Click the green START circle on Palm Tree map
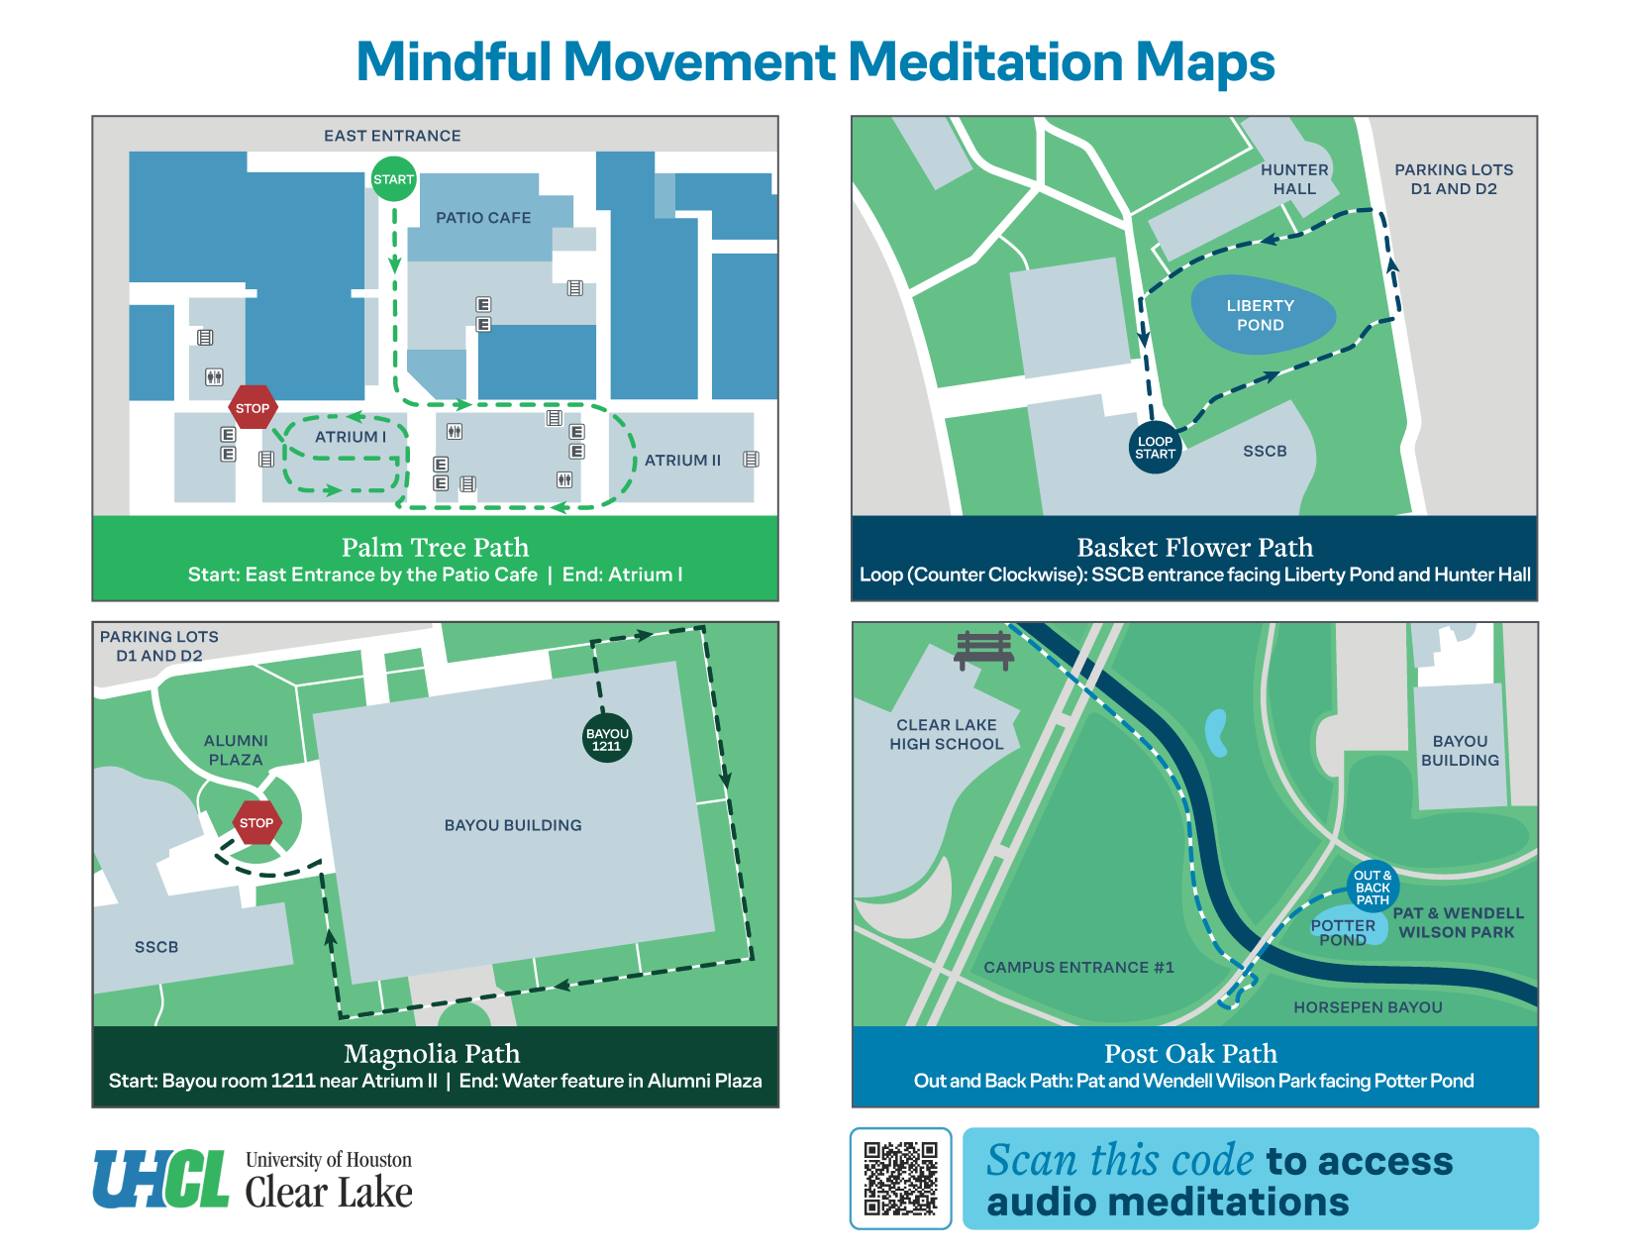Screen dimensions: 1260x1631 click(x=393, y=179)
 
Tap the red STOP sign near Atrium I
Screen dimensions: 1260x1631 click(x=253, y=407)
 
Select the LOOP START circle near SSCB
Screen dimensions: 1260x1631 click(x=1155, y=448)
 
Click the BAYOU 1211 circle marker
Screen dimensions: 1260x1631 click(x=606, y=739)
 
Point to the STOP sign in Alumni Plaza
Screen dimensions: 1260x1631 click(x=256, y=822)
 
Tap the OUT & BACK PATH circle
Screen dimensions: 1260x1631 click(x=1373, y=887)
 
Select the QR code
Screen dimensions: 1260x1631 click(x=900, y=1178)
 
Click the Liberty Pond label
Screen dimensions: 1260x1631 click(x=1260, y=315)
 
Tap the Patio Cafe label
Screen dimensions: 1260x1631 click(x=483, y=218)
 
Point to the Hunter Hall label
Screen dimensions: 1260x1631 click(x=1294, y=179)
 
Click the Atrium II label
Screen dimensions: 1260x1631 click(x=682, y=461)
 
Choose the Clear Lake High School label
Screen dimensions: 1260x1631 click(x=946, y=734)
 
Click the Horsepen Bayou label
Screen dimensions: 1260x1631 click(x=1368, y=1007)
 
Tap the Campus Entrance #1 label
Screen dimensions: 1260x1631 click(x=1078, y=967)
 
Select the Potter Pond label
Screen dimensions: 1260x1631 click(x=1343, y=932)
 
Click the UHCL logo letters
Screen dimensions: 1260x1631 click(x=161, y=1179)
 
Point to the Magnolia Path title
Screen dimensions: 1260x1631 click(x=432, y=1053)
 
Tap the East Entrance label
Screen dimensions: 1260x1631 click(x=392, y=136)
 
